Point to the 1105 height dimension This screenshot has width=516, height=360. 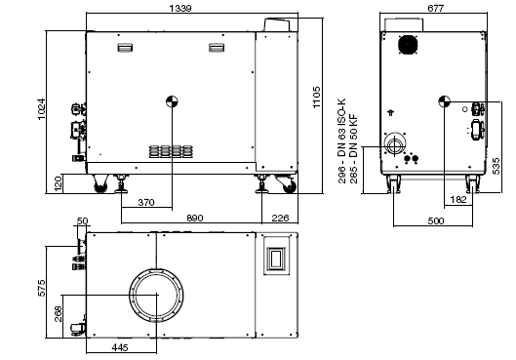point(315,105)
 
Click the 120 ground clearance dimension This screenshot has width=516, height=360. point(58,182)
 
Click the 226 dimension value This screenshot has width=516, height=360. point(280,220)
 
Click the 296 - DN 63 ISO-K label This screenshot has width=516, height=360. point(341,140)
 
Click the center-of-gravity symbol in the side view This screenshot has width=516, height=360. point(172,100)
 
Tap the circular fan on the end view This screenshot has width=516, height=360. point(407,45)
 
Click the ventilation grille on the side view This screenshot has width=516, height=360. point(170,151)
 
